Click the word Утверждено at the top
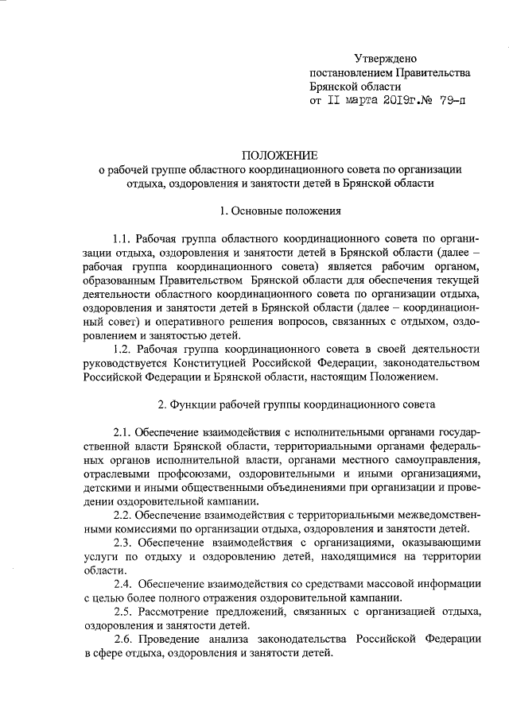click(385, 58)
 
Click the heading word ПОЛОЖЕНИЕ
click(279, 154)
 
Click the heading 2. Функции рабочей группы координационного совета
click(296, 404)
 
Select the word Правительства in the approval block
click(433, 72)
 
